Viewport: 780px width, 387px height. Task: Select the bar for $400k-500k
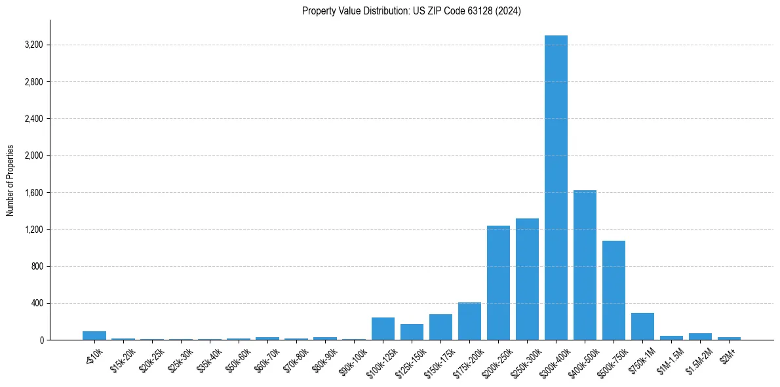[585, 265]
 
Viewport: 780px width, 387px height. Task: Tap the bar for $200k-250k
[498, 283]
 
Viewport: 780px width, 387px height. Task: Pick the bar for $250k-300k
[527, 279]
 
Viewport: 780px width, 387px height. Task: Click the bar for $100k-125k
[383, 329]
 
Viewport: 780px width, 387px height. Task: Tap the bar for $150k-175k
[440, 327]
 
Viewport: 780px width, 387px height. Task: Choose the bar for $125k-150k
[412, 332]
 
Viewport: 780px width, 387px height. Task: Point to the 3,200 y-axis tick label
[33, 45]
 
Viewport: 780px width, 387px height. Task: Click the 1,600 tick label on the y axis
[33, 193]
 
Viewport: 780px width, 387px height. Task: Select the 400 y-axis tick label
[37, 304]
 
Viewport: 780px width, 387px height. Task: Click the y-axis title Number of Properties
[10, 180]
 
